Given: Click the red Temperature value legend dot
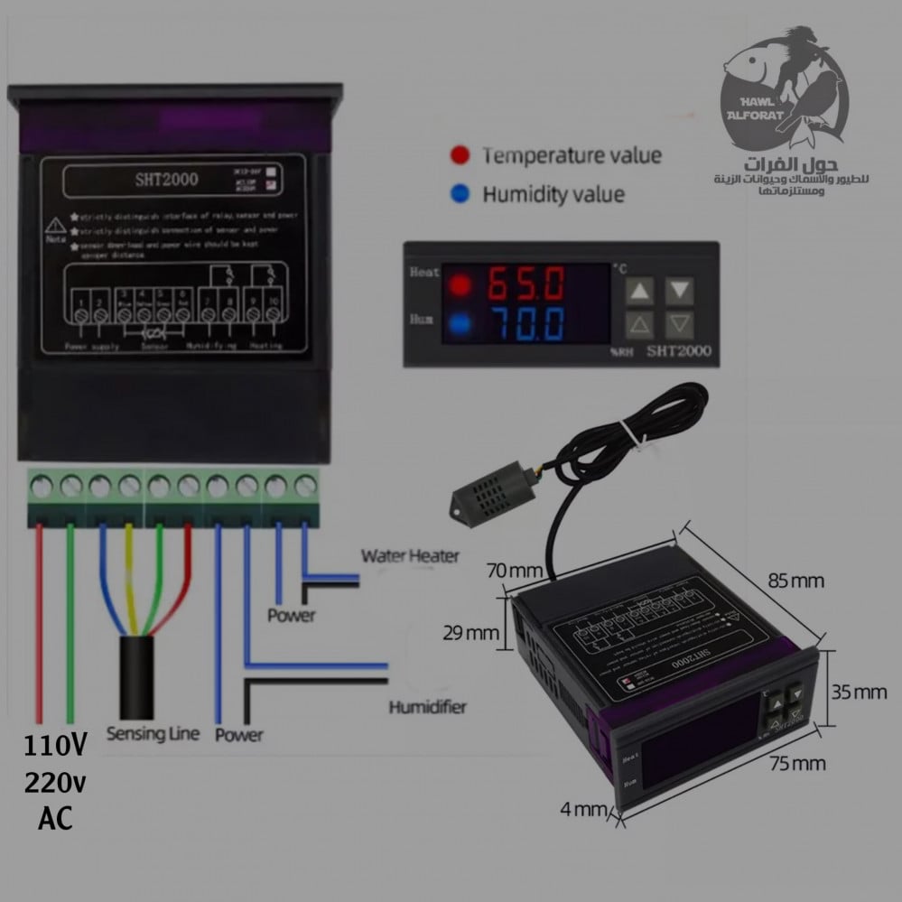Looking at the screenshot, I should pos(460,155).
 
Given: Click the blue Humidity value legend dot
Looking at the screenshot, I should pos(460,193).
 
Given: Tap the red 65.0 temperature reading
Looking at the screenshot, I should pos(527,285).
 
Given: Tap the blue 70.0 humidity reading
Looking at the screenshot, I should pos(527,323).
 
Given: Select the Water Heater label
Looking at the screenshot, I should pos(410,555).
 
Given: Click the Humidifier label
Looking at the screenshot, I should pos(427,706).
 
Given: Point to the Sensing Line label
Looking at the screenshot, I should pos(153,733).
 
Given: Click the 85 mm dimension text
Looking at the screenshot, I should pos(795,581).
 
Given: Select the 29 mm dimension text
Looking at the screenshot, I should pos(470,632).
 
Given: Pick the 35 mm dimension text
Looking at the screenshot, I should pos(859,693).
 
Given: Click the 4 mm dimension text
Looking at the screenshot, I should pos(583,808).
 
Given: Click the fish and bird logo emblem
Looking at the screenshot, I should pos(784,90).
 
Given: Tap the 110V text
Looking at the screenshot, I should pos(56,746).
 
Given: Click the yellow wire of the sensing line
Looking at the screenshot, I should pos(130,578).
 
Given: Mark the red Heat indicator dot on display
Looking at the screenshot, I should pos(460,285).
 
